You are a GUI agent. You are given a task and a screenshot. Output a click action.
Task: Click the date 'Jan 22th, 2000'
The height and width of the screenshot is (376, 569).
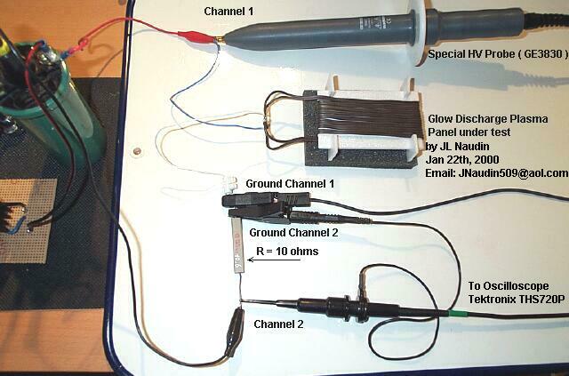click(x=466, y=160)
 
